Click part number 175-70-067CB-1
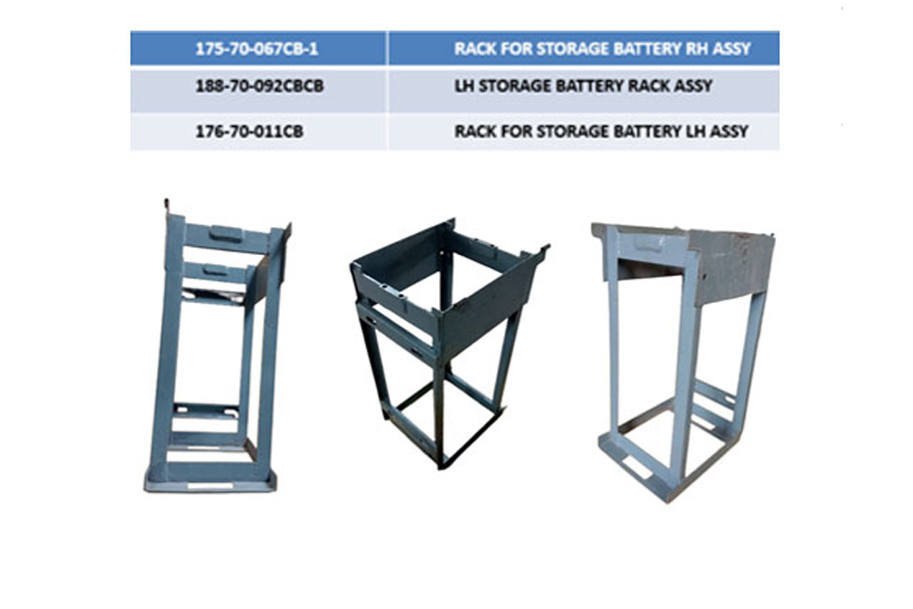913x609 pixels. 256,49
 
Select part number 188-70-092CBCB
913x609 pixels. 259,86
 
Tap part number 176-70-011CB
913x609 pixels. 250,132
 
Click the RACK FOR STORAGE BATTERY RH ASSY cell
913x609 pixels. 584,48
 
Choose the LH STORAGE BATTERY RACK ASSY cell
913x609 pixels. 584,91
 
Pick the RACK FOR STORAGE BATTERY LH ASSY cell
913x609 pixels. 584,132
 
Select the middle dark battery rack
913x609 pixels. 448,343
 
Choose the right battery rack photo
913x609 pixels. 684,363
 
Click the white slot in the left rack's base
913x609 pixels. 210,486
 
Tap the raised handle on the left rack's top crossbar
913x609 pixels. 225,234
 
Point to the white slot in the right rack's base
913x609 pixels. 636,467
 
